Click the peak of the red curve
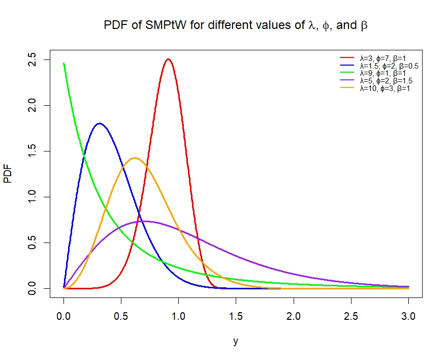tap(168, 59)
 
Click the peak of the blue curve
tap(100, 124)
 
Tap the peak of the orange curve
tap(135, 158)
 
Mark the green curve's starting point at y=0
tap(63, 64)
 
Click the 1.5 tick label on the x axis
tap(236, 316)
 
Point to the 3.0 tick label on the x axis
tap(408, 316)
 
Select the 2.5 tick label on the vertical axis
tap(32, 60)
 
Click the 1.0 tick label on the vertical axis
tap(32, 197)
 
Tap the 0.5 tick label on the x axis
tap(121, 316)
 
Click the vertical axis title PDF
tap(8, 173)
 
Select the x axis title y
tap(236, 341)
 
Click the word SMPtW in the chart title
tap(166, 25)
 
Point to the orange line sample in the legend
tap(347, 88)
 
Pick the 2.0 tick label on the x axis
tap(294, 316)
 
